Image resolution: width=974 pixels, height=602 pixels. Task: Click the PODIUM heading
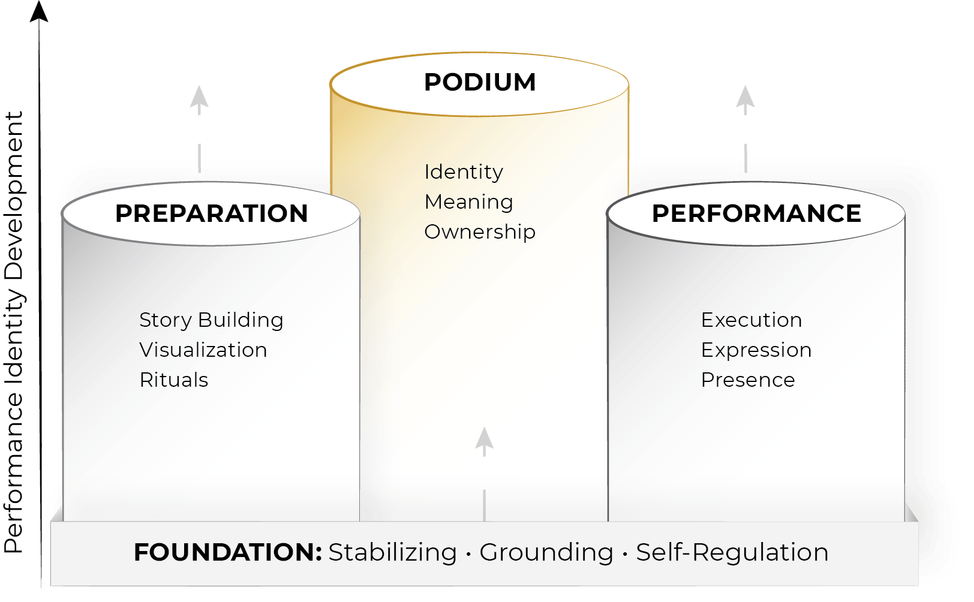[480, 82]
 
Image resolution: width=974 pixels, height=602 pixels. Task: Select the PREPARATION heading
[211, 213]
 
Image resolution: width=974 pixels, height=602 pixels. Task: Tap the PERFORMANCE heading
[756, 213]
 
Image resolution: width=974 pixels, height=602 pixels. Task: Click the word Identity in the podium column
[464, 172]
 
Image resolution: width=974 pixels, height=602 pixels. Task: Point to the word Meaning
[468, 202]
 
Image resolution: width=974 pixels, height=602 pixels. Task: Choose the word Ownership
[480, 232]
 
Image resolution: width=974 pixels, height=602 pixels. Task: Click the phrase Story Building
[211, 320]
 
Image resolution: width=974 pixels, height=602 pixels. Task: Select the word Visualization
[203, 350]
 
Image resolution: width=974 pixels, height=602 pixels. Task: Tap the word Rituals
[174, 380]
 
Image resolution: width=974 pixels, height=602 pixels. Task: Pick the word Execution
[751, 320]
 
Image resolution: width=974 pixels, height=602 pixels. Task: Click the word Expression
[756, 350]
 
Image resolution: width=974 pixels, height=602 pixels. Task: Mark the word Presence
[748, 380]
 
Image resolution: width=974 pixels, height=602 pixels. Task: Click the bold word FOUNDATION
[228, 552]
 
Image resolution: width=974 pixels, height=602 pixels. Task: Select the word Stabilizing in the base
[393, 552]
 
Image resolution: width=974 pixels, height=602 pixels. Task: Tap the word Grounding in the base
[546, 552]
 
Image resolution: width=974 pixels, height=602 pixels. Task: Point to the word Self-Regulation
[732, 552]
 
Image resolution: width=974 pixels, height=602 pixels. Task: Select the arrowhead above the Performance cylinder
[745, 99]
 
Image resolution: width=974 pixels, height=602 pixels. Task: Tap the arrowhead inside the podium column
[484, 441]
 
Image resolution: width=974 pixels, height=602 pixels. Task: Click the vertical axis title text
[14, 333]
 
